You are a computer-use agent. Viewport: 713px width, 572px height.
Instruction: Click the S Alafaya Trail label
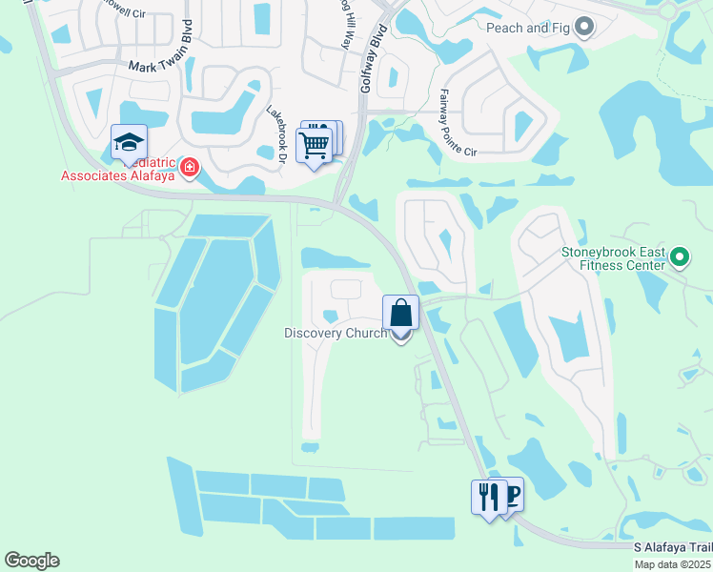click(672, 548)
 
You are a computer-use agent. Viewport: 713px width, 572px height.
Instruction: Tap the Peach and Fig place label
click(531, 28)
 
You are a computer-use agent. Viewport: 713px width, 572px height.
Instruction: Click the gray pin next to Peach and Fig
click(584, 28)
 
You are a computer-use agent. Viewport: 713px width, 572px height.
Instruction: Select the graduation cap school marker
click(129, 144)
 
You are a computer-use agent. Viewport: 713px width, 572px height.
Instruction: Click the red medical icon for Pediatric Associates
click(190, 168)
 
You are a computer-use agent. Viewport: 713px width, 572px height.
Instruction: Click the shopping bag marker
click(401, 313)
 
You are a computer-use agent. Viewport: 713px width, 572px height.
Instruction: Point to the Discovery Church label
click(336, 333)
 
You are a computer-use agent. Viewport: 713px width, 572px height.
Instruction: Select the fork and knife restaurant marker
click(487, 497)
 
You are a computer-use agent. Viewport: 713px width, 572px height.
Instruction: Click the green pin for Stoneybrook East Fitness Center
click(679, 255)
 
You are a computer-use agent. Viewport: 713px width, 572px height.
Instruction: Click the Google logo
click(31, 561)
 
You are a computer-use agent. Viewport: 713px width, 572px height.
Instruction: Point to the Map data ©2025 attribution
click(673, 564)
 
